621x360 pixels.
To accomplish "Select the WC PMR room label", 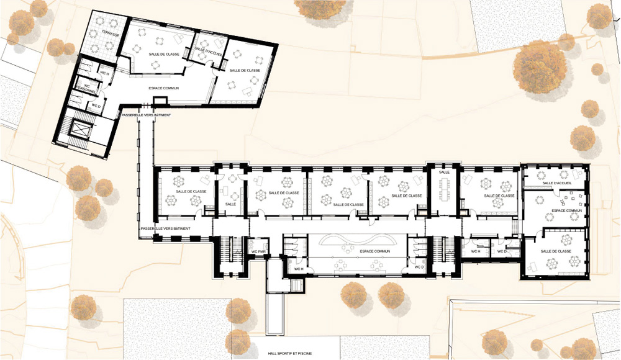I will coord(259,252).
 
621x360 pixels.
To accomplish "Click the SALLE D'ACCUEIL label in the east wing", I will coord(556,183).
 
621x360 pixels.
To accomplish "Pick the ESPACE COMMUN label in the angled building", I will coord(164,88).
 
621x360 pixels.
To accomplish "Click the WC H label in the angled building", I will coord(105,74).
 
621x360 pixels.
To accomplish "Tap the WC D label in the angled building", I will coord(95,106).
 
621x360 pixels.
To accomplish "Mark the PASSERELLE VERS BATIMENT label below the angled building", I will coord(146,115).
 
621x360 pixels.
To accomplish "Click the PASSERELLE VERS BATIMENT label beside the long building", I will coord(165,228).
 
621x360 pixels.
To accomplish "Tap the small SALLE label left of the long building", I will coord(230,204).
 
